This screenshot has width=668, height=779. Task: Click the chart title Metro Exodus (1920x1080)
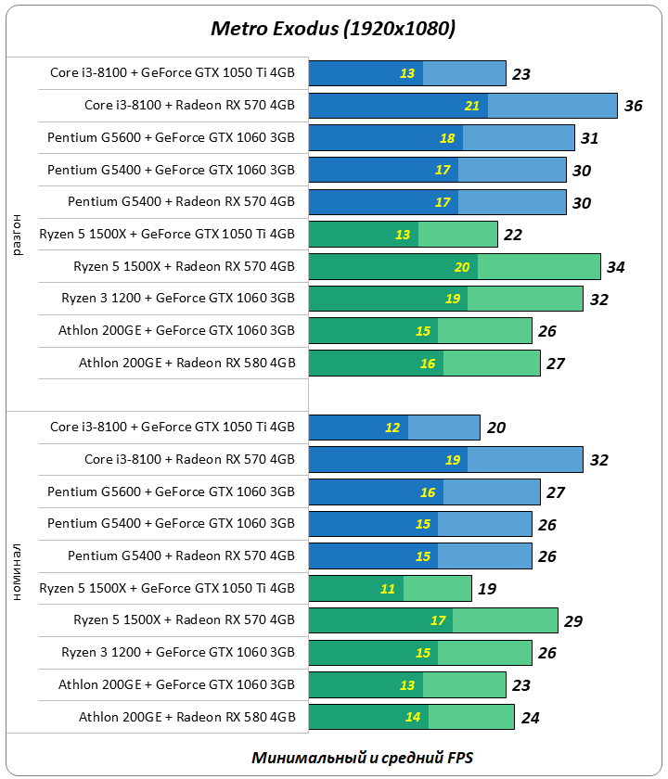tap(333, 29)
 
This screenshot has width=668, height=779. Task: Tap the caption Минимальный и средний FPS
tap(362, 758)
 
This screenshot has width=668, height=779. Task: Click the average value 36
tap(633, 106)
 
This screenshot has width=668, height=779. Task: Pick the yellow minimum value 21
tap(472, 106)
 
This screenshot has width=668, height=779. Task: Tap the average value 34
tap(615, 268)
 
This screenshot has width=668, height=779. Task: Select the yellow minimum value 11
tap(387, 588)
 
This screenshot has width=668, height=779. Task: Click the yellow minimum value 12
tap(392, 428)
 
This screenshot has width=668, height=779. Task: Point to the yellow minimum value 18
tap(447, 138)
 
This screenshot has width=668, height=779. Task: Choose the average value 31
tap(589, 138)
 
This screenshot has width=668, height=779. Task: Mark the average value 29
tap(572, 620)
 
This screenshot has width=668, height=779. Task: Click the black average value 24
tap(530, 717)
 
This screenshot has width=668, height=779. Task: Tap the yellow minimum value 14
tap(413, 717)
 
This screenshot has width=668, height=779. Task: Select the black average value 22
tap(512, 236)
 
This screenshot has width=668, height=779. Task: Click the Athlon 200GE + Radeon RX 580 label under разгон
tap(186, 364)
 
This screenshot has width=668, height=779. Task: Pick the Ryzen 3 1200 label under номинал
tap(178, 653)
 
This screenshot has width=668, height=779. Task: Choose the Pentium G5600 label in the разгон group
tap(171, 138)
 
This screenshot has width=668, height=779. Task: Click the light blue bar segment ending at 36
tap(552, 106)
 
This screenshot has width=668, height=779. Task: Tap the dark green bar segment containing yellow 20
tap(392, 268)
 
